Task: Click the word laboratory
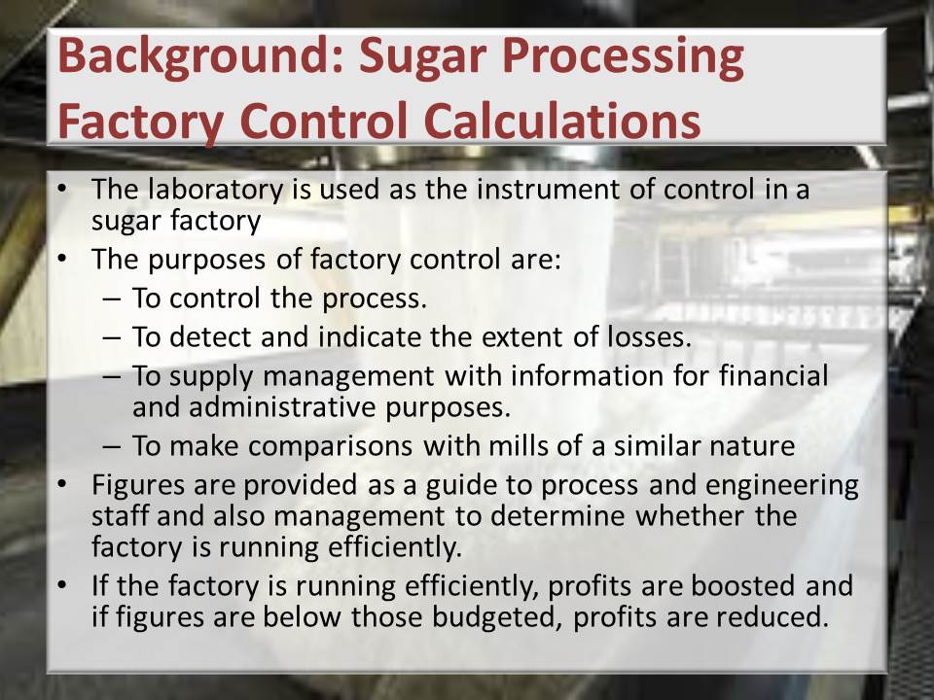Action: pos(216,190)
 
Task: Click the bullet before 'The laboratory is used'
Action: pos(60,190)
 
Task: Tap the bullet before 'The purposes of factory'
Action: pos(60,260)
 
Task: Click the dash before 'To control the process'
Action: pos(111,298)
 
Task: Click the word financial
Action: pos(773,375)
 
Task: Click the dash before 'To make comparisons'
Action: pos(111,446)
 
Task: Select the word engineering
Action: pos(782,486)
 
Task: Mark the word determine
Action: pos(557,515)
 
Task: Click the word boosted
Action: pos(742,585)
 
